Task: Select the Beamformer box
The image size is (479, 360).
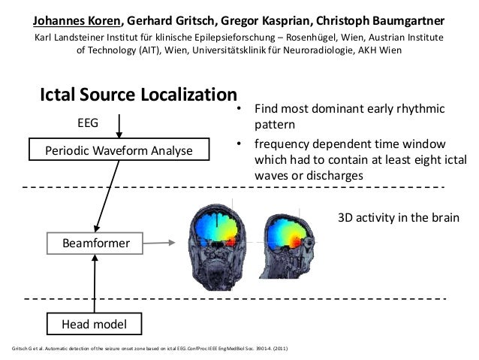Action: (96, 243)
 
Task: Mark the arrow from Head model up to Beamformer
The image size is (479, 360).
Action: (95, 283)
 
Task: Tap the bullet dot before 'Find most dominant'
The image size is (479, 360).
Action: (239, 110)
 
